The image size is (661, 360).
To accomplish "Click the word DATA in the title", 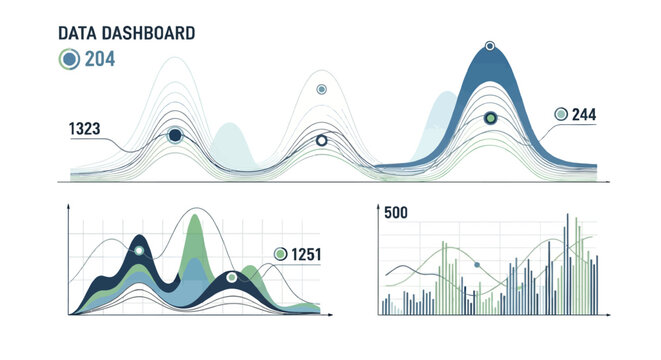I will [78, 33].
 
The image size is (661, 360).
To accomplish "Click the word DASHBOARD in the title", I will [148, 33].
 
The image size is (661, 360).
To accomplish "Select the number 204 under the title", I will [99, 59].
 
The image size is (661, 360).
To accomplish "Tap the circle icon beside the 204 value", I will [69, 59].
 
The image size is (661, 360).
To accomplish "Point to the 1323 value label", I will [84, 129].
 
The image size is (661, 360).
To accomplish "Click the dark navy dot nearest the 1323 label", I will [175, 135].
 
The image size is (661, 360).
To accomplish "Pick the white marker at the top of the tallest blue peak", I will [490, 46].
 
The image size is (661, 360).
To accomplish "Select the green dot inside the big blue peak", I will [490, 118].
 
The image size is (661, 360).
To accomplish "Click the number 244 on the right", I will [584, 115].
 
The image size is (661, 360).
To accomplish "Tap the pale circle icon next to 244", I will [561, 115].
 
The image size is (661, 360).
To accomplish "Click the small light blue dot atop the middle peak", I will [321, 89].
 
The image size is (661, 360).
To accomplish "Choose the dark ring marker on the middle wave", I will [321, 141].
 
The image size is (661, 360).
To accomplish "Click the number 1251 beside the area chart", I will [306, 254].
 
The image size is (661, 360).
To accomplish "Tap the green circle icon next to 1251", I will [281, 254].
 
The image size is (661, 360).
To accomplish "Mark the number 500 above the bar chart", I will [396, 212].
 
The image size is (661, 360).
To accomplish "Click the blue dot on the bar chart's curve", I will [477, 264].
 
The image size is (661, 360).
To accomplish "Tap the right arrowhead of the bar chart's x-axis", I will [607, 315].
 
